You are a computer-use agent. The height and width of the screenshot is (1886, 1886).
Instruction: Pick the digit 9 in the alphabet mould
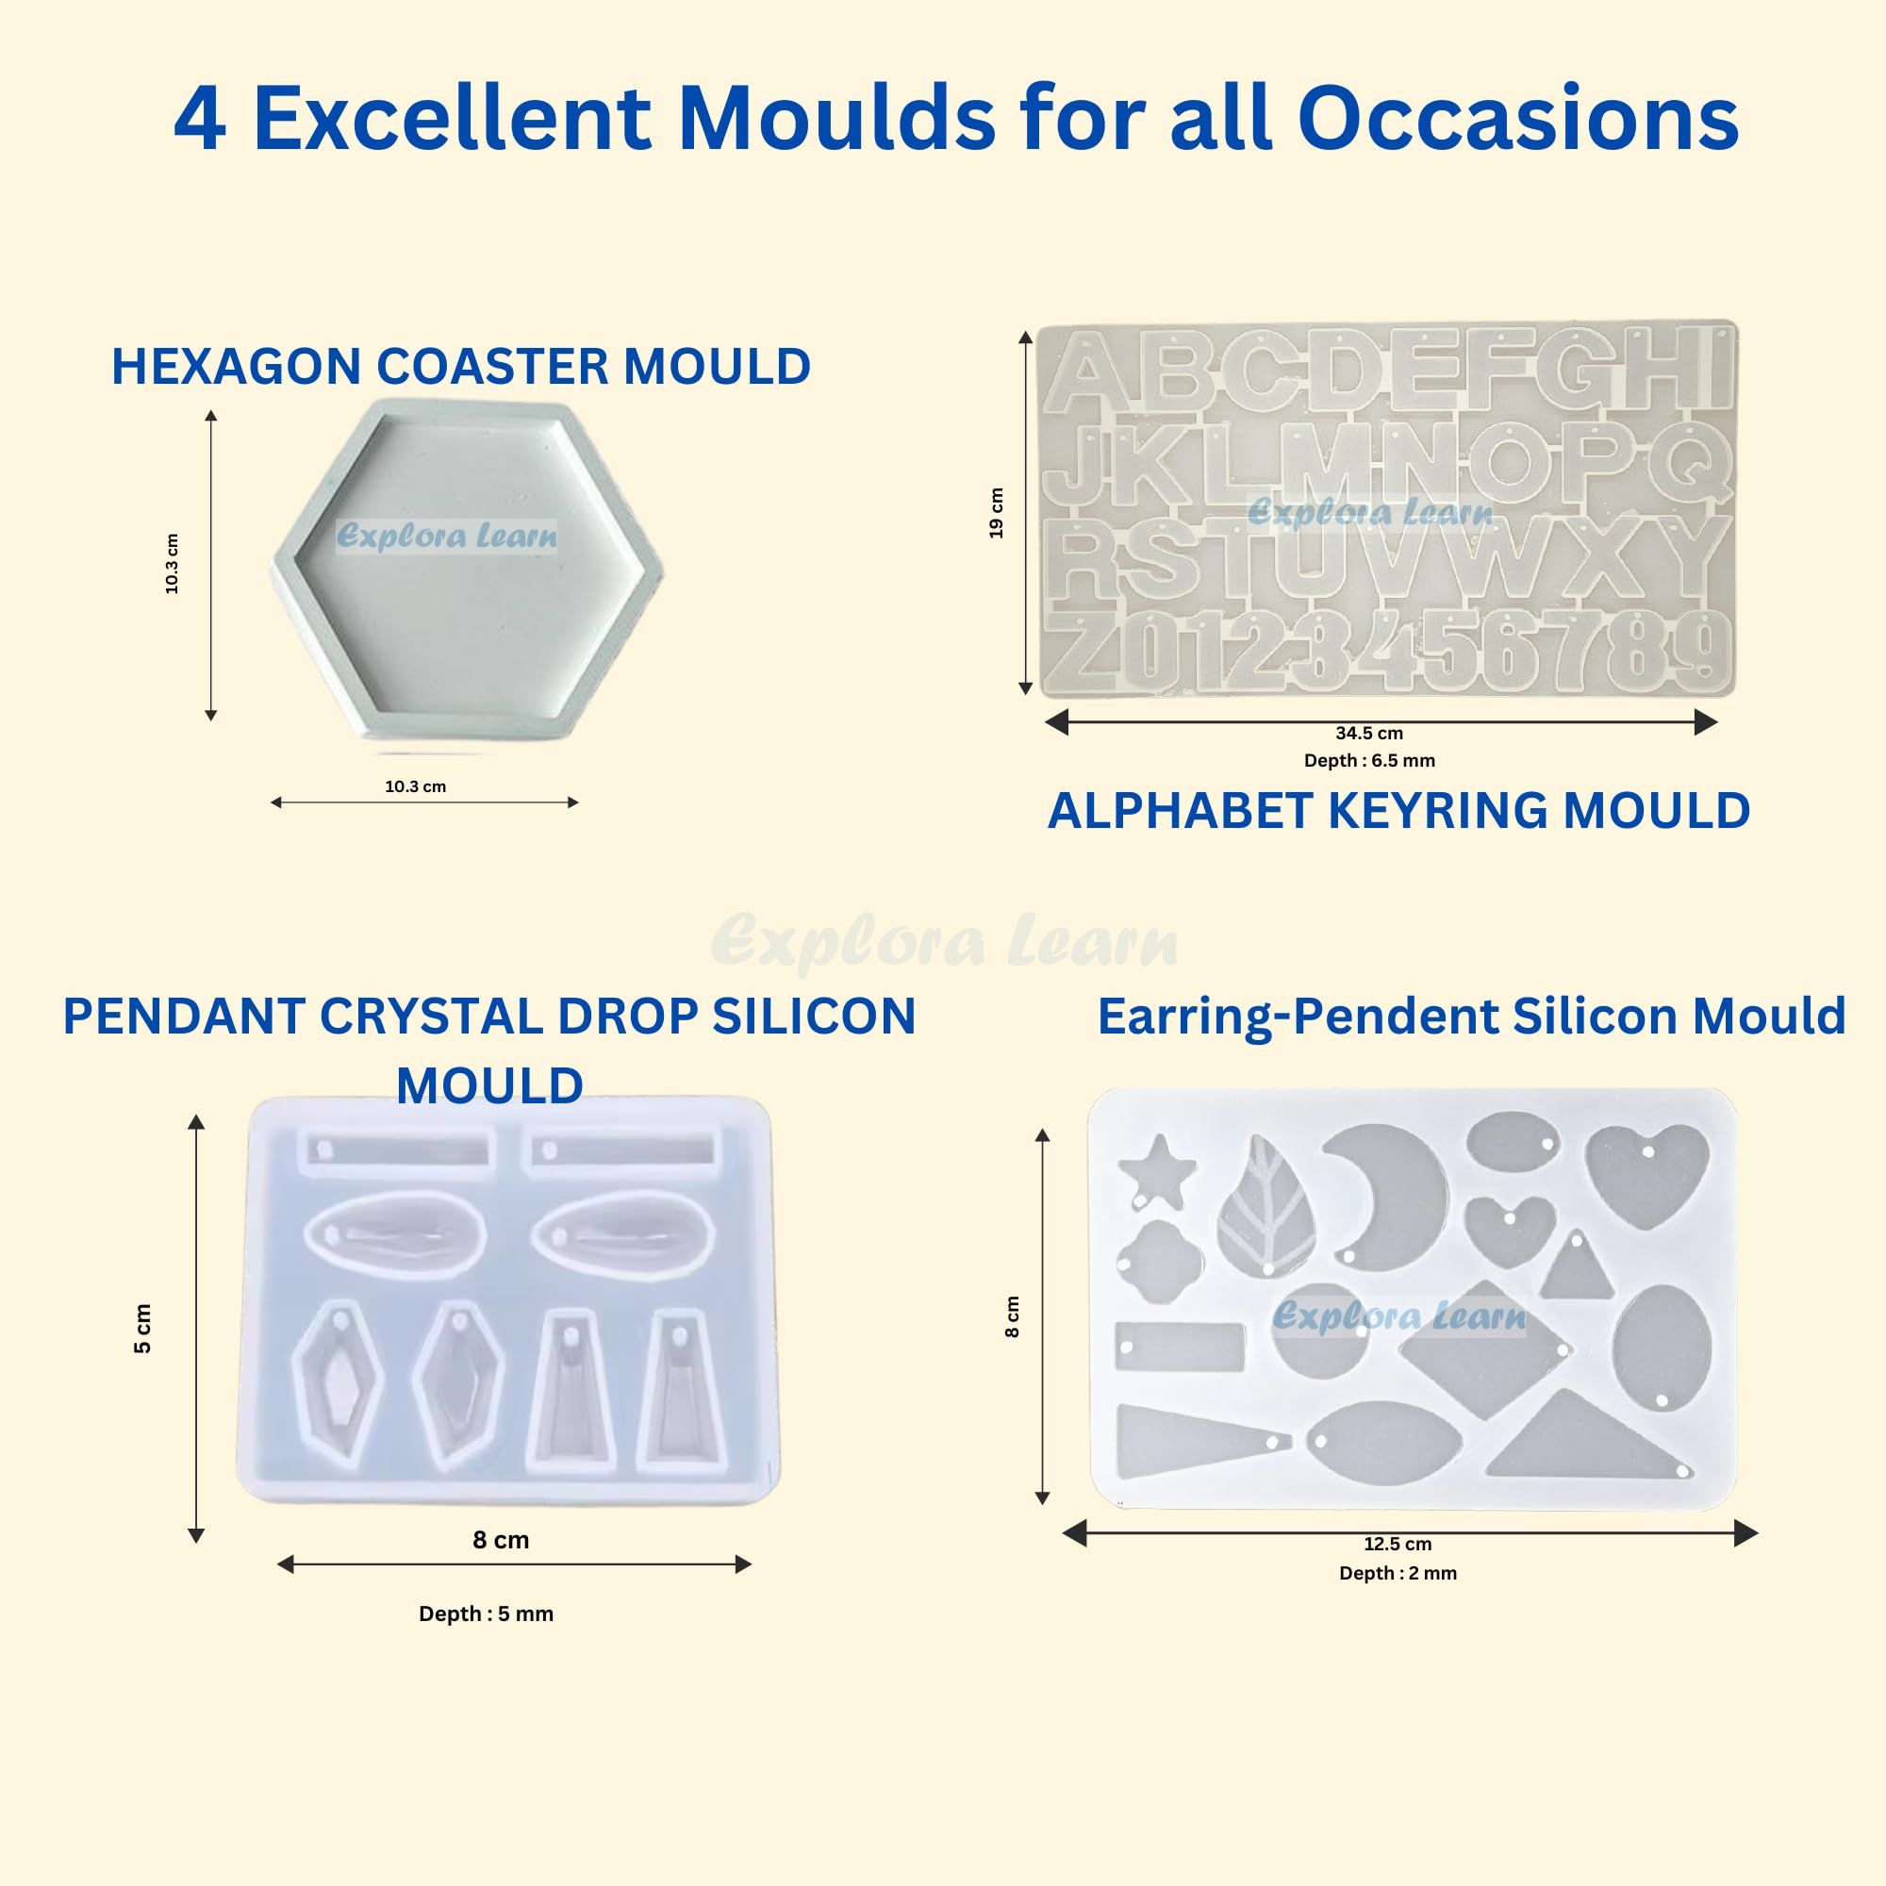(x=1703, y=645)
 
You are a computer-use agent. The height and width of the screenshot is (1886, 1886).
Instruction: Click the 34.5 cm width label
(x=1368, y=733)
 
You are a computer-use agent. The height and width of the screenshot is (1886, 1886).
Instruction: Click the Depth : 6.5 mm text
(x=1368, y=760)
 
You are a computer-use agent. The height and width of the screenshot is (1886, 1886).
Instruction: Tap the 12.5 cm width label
(x=1397, y=1544)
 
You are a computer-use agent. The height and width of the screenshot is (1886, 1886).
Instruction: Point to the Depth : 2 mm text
(x=1397, y=1573)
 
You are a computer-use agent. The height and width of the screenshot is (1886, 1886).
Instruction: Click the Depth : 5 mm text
(x=487, y=1613)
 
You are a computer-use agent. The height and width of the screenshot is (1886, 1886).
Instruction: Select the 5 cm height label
(x=142, y=1329)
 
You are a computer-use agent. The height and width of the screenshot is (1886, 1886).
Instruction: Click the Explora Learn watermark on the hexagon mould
(x=446, y=536)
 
